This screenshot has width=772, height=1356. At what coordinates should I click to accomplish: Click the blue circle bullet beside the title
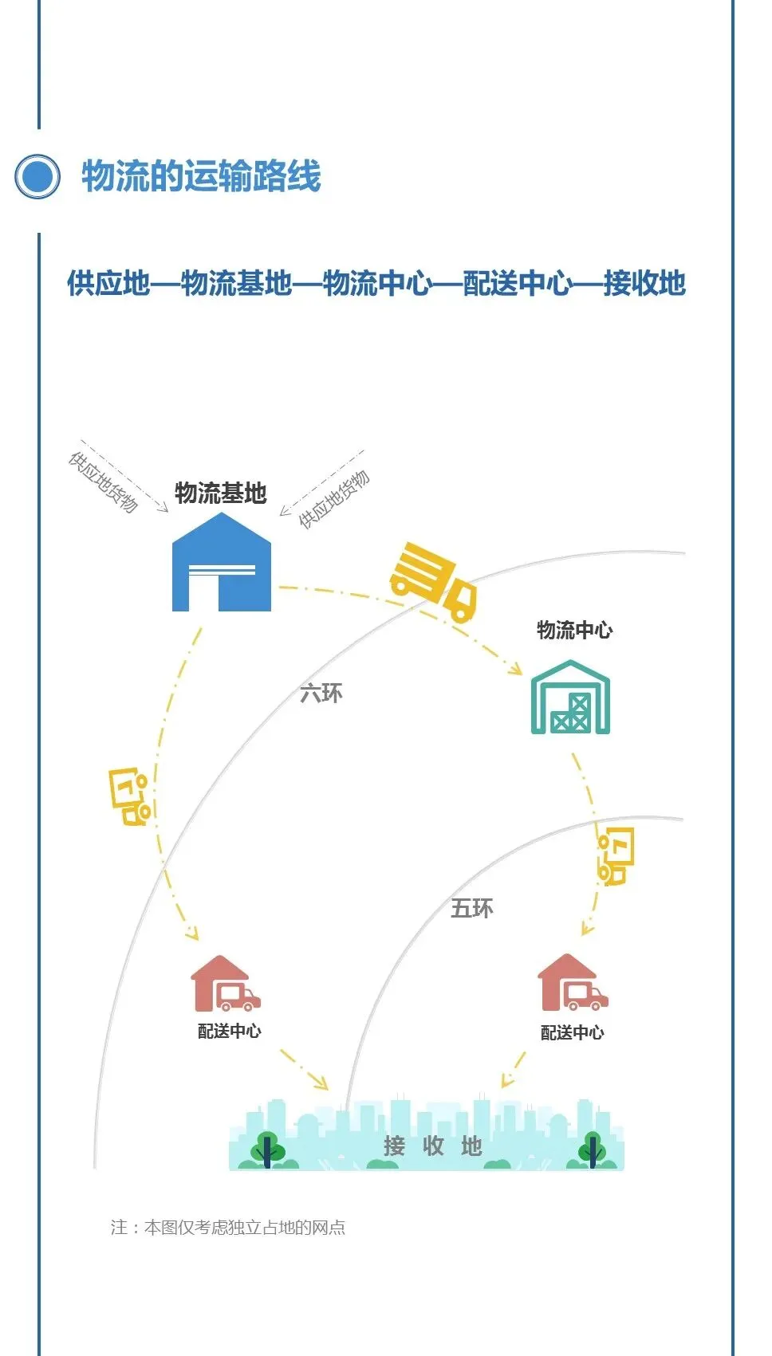tap(37, 176)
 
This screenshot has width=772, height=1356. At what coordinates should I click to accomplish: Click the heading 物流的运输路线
tap(201, 176)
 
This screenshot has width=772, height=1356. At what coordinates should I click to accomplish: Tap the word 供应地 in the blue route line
tap(108, 283)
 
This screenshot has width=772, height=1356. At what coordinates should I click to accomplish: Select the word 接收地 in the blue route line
tap(644, 283)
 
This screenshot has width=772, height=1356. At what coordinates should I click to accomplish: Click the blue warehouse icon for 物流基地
tap(222, 564)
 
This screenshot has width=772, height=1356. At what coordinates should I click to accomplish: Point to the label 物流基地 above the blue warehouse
tap(220, 493)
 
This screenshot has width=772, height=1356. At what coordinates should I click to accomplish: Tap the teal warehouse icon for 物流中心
tap(570, 698)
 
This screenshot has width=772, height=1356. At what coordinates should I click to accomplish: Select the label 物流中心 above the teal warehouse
tap(574, 630)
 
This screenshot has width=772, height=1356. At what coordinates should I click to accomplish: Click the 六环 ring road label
tap(321, 693)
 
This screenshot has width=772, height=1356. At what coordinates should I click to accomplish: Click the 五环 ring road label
tap(471, 908)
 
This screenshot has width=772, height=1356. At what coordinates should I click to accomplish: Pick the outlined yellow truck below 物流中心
tap(616, 856)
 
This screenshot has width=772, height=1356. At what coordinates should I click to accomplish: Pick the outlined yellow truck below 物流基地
tap(131, 796)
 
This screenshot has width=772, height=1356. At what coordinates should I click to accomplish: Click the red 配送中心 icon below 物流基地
tap(225, 985)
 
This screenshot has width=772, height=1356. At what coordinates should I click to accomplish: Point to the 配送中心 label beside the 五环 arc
tap(572, 1033)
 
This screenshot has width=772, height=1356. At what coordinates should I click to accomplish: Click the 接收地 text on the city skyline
tap(432, 1146)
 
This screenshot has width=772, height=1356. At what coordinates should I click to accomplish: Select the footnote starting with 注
tap(228, 1227)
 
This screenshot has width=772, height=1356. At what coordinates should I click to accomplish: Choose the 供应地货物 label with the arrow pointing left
tap(334, 499)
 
